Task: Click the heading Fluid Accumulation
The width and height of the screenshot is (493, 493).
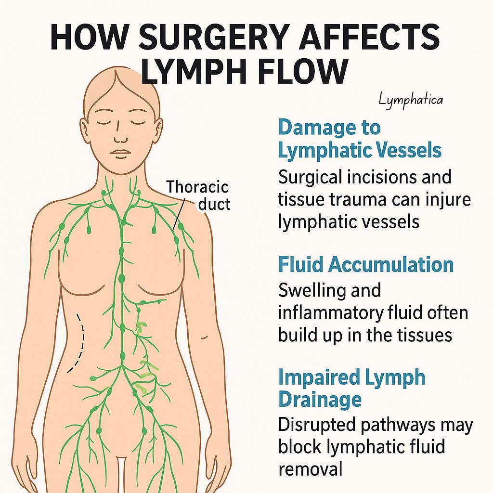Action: click(366, 265)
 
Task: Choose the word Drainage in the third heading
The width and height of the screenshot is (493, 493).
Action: click(320, 400)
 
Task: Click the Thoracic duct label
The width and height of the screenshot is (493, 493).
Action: click(198, 195)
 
